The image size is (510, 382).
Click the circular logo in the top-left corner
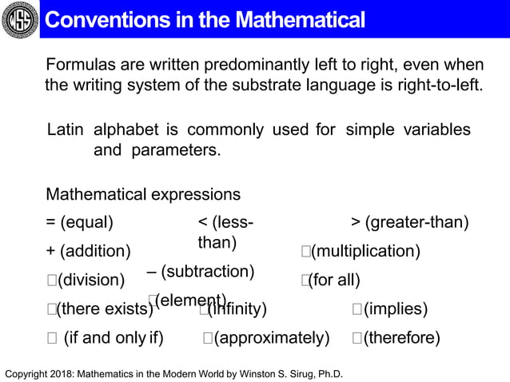coord(19,19)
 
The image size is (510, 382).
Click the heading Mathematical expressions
coord(143,194)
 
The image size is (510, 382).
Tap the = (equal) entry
coord(80,221)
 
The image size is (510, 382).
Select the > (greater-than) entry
coord(410,221)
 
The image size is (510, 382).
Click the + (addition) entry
coord(89,252)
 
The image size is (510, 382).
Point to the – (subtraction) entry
coord(201,272)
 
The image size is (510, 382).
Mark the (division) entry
coord(86,280)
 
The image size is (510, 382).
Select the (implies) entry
coord(390,308)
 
